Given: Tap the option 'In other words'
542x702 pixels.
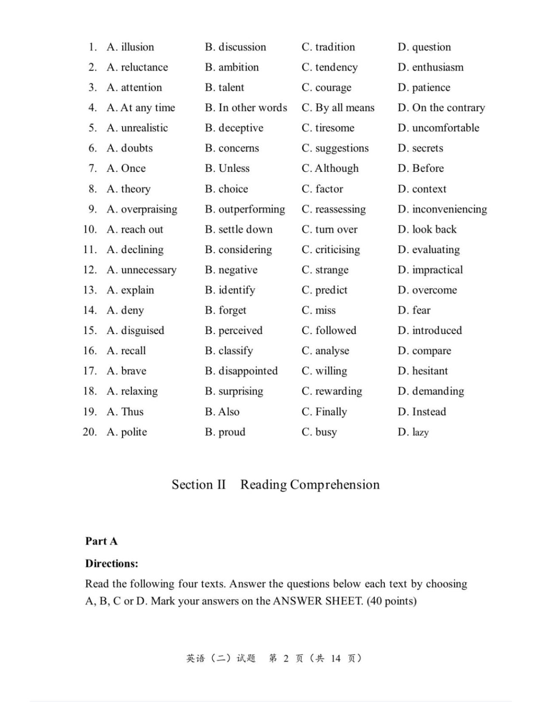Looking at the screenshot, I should click(x=253, y=108).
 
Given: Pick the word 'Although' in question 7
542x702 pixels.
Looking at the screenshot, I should click(x=336, y=168).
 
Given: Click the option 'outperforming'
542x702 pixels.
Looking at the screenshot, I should click(x=251, y=209).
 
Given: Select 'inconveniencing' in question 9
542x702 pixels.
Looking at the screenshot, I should click(x=449, y=209).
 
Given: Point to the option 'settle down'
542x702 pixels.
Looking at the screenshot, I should click(x=245, y=229).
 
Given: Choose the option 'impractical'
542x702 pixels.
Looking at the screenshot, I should click(x=437, y=270).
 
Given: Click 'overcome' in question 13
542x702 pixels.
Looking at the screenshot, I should click(x=434, y=290).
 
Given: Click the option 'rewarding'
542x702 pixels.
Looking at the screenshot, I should click(x=338, y=391).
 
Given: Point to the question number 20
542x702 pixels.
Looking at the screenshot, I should click(x=90, y=432).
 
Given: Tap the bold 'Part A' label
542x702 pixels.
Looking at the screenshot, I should click(x=101, y=541).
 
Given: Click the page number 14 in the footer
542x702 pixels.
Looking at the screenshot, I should click(x=336, y=659).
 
